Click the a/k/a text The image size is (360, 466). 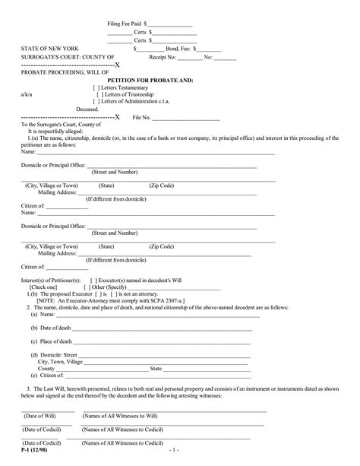click(27, 94)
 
